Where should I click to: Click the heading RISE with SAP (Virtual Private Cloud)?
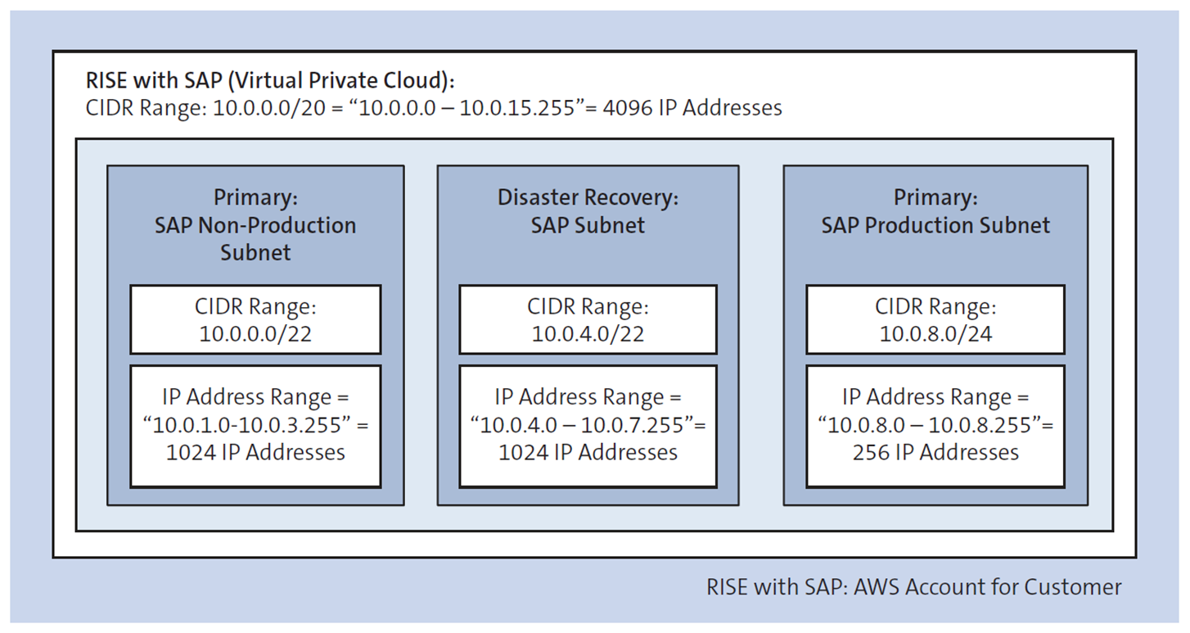tap(270, 81)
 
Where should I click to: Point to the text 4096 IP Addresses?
tap(692, 108)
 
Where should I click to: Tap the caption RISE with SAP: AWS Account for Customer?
tap(913, 587)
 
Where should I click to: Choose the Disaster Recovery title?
tap(588, 198)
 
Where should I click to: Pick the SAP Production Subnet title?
tap(935, 225)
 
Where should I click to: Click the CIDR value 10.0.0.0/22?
tap(255, 333)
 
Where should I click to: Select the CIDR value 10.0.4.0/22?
tap(588, 333)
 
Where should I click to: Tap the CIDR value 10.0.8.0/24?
tap(935, 333)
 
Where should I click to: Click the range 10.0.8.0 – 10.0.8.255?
tap(931, 425)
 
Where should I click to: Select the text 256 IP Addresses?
tap(935, 452)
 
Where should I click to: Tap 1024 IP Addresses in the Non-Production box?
tap(255, 452)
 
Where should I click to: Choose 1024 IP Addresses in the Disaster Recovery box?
tap(588, 452)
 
